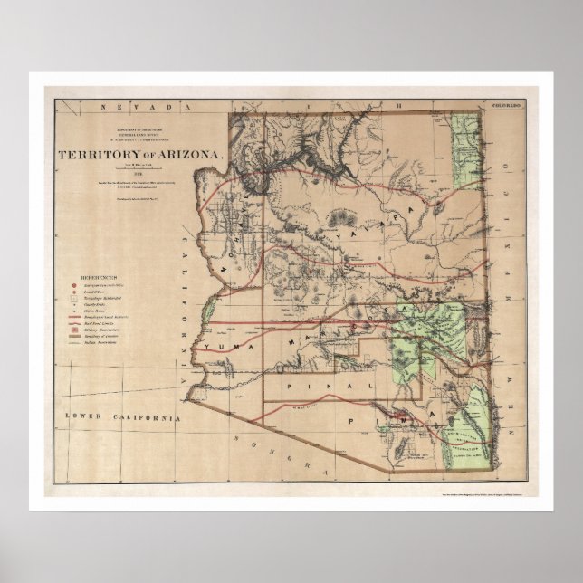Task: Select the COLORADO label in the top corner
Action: click(x=503, y=106)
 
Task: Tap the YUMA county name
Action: click(x=223, y=346)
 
